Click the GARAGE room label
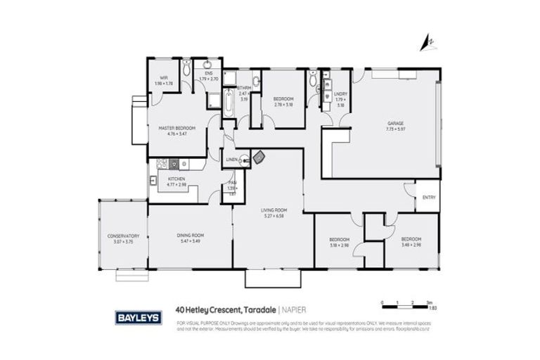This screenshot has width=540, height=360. pos(394,122)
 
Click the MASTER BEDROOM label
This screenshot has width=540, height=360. pos(176,127)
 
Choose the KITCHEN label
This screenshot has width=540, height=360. pos(176,179)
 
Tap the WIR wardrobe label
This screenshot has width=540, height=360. pos(163,77)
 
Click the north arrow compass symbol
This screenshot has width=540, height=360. pos(425,44)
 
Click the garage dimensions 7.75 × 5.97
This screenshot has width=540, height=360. pos(394,129)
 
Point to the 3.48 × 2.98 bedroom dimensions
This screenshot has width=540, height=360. pos(411,245)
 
